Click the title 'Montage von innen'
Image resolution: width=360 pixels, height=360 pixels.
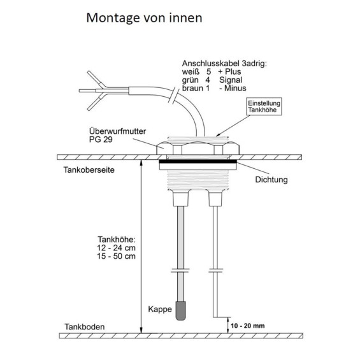tap(144, 18)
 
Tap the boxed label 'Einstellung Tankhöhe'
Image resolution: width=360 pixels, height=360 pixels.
tap(264, 106)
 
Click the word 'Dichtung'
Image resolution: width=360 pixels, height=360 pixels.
tap(271, 180)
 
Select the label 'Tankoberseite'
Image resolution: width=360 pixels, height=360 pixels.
tap(89, 170)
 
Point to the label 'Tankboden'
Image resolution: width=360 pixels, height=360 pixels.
tap(85, 327)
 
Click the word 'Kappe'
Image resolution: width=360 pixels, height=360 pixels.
tap(160, 309)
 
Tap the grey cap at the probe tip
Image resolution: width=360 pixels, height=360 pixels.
tap(181, 311)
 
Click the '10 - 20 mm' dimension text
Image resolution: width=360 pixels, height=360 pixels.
tap(248, 326)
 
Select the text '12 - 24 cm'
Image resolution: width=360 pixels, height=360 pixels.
tap(116, 248)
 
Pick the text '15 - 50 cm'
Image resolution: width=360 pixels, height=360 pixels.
tap(116, 256)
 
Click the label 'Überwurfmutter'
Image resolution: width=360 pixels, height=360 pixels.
tap(117, 131)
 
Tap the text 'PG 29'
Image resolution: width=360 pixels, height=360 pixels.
tap(101, 140)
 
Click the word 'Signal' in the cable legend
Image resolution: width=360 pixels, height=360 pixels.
tap(231, 80)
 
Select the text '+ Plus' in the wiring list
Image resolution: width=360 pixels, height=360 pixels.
tap(229, 71)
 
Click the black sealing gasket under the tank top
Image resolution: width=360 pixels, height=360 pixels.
tap(198, 161)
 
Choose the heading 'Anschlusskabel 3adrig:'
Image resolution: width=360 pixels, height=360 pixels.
tap(224, 64)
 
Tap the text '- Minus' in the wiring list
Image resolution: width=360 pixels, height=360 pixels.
tap(233, 89)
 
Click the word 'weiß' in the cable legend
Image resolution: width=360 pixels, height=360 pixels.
tap(191, 72)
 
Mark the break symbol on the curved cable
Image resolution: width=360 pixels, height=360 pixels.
tap(174, 96)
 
